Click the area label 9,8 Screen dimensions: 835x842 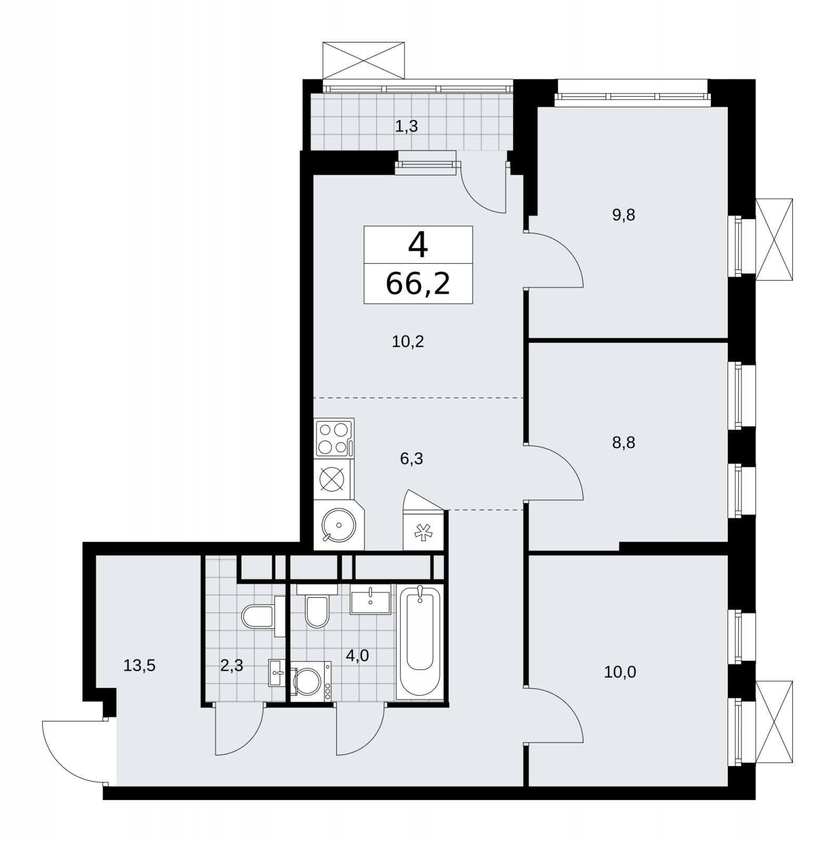(623, 215)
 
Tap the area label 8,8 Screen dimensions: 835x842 (623, 443)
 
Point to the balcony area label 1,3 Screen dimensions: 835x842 (406, 126)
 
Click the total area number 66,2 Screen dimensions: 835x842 (418, 284)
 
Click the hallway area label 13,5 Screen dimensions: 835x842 (139, 666)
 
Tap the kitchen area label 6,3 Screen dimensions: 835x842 (411, 459)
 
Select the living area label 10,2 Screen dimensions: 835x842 (408, 342)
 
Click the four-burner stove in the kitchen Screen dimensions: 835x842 (334, 438)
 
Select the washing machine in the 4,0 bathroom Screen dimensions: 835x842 (311, 681)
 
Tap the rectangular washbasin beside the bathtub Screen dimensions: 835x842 (370, 599)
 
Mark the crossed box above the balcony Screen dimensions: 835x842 (364, 61)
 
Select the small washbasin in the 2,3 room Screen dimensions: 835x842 (277, 673)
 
